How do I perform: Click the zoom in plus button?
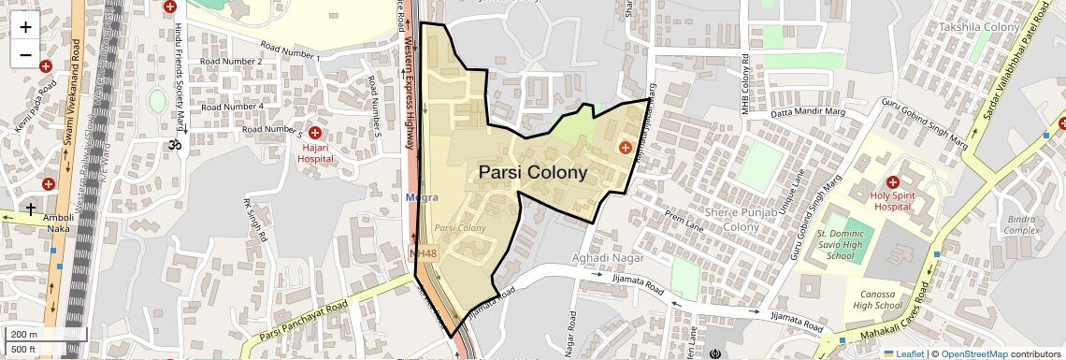tap(25, 27)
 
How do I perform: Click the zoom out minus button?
tap(25, 54)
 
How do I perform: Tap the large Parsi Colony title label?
tap(533, 173)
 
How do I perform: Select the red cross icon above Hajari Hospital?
tap(315, 134)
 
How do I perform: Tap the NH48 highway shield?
tap(424, 253)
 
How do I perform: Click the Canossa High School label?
tap(877, 299)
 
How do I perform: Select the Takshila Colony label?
tap(979, 27)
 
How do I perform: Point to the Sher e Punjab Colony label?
tap(734, 220)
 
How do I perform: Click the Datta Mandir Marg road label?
tap(806, 115)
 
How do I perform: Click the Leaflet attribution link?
tap(903, 353)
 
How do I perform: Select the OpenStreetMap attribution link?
tap(973, 353)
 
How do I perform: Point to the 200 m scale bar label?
tap(24, 335)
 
